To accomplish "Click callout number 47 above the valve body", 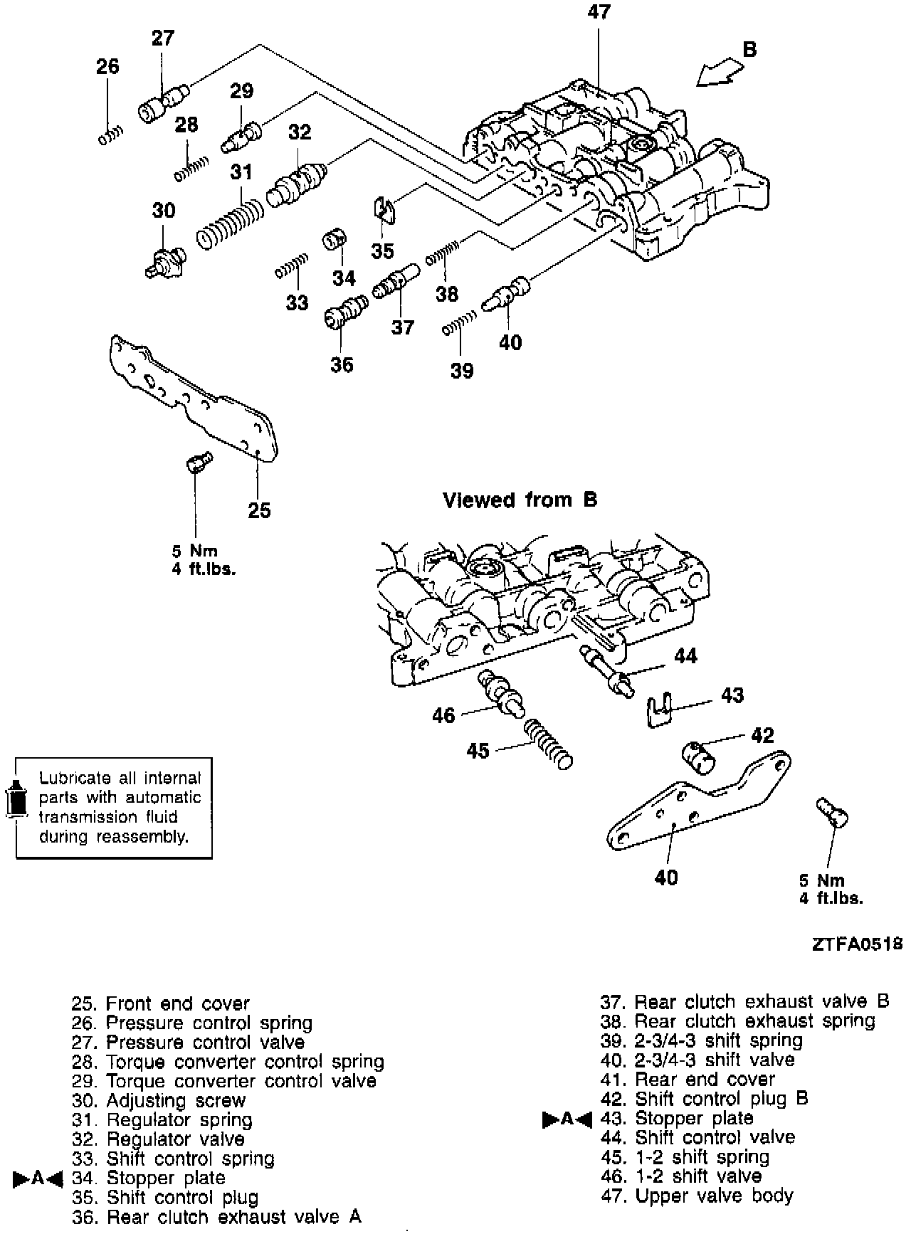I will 599,12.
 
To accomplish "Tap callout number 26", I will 107,67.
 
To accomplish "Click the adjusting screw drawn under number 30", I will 165,261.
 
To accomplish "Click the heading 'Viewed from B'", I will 520,500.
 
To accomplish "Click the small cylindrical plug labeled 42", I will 701,759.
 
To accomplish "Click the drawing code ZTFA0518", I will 857,944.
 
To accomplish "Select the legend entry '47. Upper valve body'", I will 697,1196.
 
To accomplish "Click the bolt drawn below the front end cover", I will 195,462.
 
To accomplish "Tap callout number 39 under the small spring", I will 462,371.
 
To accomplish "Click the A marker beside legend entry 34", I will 38,1178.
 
